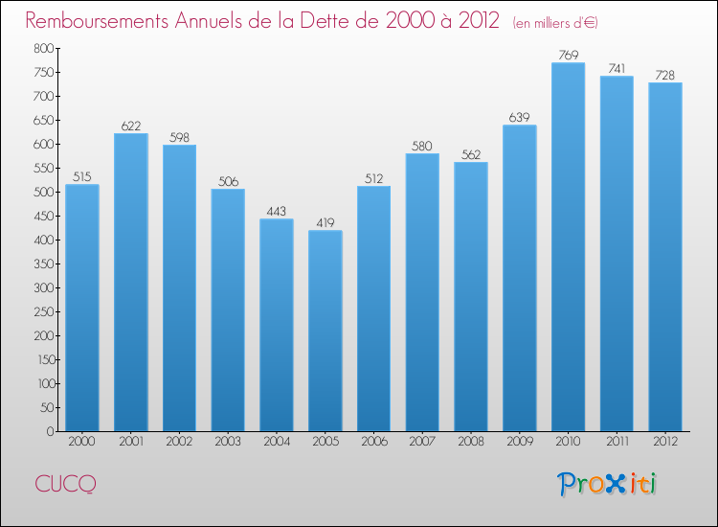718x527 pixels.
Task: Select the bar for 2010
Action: (x=568, y=247)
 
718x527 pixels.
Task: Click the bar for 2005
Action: (x=325, y=331)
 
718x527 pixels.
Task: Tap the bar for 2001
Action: (x=130, y=283)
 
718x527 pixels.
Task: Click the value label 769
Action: (x=568, y=55)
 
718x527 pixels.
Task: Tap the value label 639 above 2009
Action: (x=519, y=117)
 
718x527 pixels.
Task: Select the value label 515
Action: (x=81, y=176)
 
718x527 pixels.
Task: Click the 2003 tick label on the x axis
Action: (x=228, y=442)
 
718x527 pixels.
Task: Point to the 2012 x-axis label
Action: (x=665, y=442)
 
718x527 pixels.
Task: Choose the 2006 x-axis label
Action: (x=373, y=442)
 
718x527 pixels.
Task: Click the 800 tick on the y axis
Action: (x=41, y=48)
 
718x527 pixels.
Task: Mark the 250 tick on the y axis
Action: (x=41, y=311)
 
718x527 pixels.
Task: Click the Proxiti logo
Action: (x=608, y=484)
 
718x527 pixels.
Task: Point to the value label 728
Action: (x=665, y=75)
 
